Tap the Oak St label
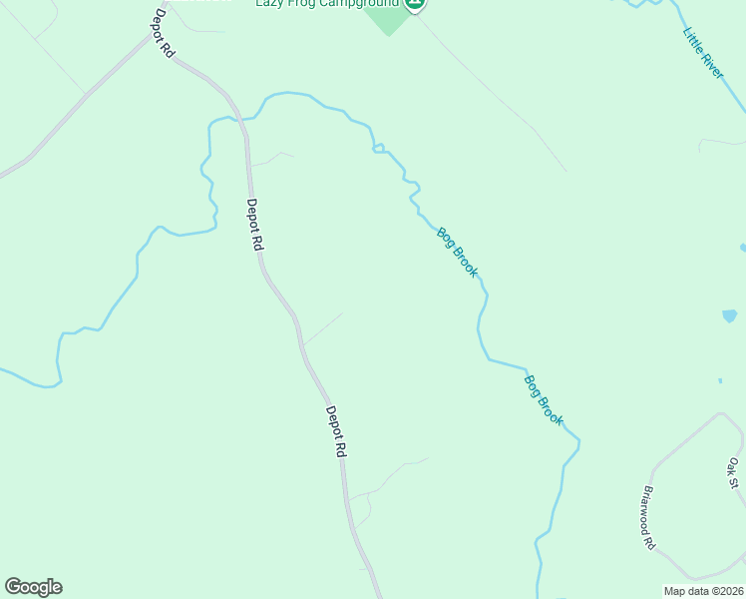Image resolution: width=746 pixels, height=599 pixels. pyautogui.click(x=734, y=473)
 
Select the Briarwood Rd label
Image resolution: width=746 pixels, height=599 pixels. pyautogui.click(x=648, y=518)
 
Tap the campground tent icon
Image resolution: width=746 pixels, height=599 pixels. pyautogui.click(x=416, y=4)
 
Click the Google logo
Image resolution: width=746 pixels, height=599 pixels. pyautogui.click(x=33, y=587)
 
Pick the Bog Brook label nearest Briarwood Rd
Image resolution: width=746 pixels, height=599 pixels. pyautogui.click(x=544, y=399)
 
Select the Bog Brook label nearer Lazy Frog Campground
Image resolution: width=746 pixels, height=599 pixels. pyautogui.click(x=458, y=253)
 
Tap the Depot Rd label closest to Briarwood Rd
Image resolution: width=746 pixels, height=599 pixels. pyautogui.click(x=336, y=431)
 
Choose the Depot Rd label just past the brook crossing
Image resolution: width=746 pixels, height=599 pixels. pyautogui.click(x=255, y=225)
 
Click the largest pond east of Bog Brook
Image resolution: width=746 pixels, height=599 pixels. pyautogui.click(x=729, y=316)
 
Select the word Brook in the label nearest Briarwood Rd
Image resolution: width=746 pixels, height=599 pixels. pyautogui.click(x=552, y=409)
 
